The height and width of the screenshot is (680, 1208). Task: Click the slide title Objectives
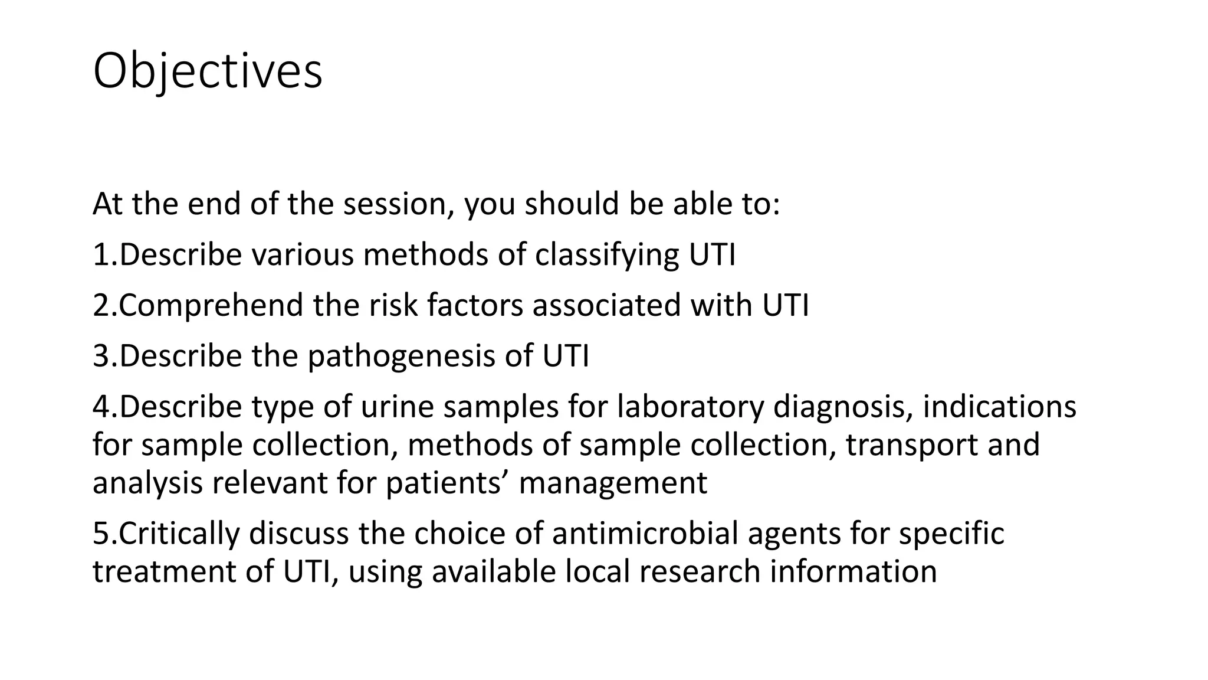click(x=208, y=72)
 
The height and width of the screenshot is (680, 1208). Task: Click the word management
click(x=613, y=483)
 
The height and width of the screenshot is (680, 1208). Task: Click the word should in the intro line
click(x=572, y=204)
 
